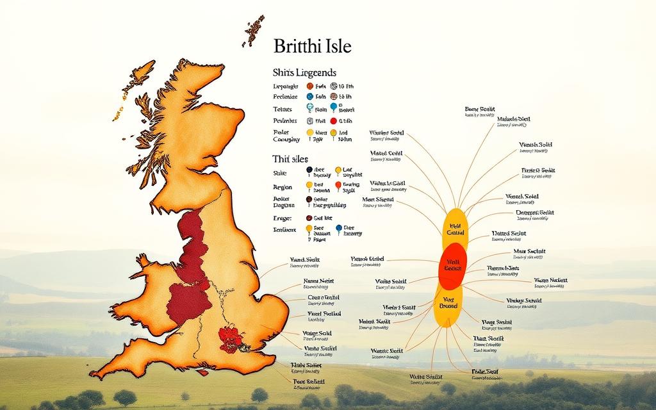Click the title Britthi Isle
(x=312, y=47)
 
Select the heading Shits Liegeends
(x=304, y=73)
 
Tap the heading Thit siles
(x=290, y=158)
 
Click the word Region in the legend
(x=283, y=187)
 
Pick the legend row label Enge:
(x=282, y=218)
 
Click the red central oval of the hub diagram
(x=453, y=266)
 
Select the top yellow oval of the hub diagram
(x=455, y=228)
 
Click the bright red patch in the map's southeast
(x=231, y=337)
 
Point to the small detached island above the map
(x=254, y=30)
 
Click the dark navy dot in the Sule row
(x=309, y=170)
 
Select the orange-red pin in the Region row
(x=338, y=186)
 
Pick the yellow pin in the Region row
(x=309, y=186)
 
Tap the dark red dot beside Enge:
(x=309, y=218)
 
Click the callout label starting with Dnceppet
(x=534, y=213)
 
